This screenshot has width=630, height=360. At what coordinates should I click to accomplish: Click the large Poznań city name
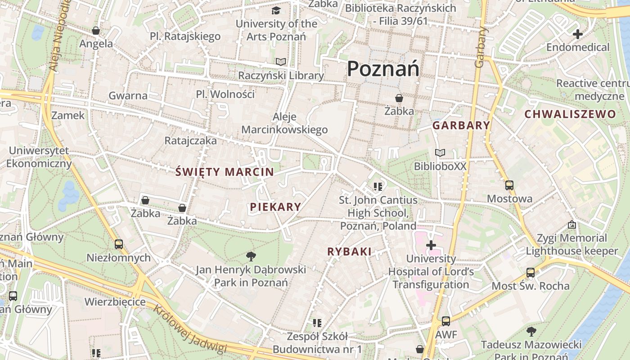click(383, 69)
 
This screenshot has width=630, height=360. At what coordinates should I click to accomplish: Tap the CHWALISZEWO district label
click(570, 114)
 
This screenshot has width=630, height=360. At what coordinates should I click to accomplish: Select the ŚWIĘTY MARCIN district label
click(225, 172)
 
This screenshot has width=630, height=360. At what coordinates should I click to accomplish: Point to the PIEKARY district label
click(275, 207)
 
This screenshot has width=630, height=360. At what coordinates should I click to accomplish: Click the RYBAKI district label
click(350, 252)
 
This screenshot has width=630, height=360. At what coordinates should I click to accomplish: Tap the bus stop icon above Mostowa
click(509, 185)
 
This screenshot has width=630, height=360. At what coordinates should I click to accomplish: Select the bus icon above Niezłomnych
click(119, 244)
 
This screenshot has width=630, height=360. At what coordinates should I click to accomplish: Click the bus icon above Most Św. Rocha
click(531, 273)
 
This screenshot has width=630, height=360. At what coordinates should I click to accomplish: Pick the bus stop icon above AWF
click(445, 321)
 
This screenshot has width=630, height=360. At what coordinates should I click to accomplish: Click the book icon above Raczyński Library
click(281, 62)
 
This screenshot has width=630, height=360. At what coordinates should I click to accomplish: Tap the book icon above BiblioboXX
click(440, 153)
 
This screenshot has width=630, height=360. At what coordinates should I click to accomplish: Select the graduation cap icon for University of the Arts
click(275, 10)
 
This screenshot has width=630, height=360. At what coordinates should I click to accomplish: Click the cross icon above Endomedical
click(577, 34)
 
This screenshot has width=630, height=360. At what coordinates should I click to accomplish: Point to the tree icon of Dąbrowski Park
click(251, 256)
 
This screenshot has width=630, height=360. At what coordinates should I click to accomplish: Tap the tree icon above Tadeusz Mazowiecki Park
click(531, 332)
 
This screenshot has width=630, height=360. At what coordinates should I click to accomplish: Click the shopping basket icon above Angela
click(96, 31)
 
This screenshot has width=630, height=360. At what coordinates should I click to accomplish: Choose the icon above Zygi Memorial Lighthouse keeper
click(571, 224)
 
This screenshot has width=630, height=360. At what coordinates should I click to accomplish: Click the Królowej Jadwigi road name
click(189, 329)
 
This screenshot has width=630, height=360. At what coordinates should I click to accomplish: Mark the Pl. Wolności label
click(225, 94)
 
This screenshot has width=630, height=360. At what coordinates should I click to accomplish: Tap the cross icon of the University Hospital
click(431, 245)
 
